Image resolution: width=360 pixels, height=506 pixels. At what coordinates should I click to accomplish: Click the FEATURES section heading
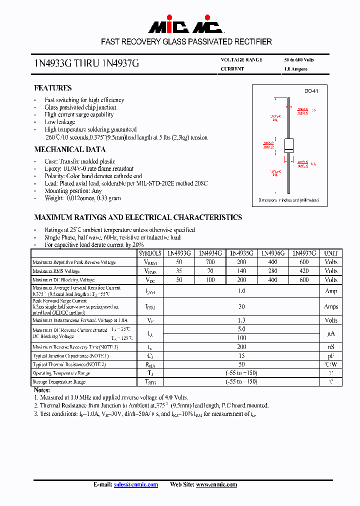click(x=52, y=88)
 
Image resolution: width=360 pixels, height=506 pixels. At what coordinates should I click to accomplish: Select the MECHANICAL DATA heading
click(x=69, y=149)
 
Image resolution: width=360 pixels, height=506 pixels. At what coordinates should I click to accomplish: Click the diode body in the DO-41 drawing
click(x=288, y=144)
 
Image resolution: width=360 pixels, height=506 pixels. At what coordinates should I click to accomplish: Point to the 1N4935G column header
click(x=241, y=253)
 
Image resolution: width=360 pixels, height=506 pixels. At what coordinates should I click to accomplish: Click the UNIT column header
click(x=331, y=253)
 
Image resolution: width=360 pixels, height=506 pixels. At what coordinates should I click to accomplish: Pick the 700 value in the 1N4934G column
click(x=210, y=262)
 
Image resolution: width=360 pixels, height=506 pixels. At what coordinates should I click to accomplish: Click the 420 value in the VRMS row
click(x=303, y=271)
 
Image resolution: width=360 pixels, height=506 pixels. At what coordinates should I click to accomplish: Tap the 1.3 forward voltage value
click(x=241, y=320)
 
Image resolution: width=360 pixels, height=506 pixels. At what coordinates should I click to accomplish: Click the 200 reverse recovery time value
click(x=241, y=346)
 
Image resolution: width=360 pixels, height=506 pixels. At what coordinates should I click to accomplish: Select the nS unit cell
click(x=331, y=346)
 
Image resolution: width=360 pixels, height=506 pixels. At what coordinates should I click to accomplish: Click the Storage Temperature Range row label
click(x=59, y=382)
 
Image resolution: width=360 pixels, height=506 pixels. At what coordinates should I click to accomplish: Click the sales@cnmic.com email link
click(x=136, y=484)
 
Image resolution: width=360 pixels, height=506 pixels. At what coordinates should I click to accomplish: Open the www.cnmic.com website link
click(x=216, y=484)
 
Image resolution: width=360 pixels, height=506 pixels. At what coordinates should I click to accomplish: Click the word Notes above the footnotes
click(x=41, y=389)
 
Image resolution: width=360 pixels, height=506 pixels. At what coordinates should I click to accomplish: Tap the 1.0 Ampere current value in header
click(x=295, y=69)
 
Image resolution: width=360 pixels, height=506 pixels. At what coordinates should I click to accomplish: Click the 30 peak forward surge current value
click(x=241, y=306)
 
